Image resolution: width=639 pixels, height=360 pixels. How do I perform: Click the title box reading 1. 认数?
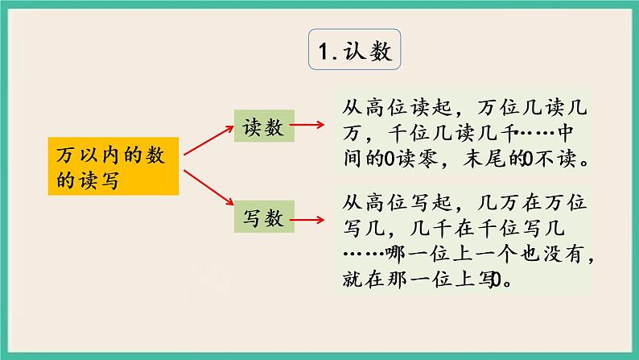(x=355, y=52)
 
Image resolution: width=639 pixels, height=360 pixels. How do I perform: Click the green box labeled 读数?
(x=262, y=126)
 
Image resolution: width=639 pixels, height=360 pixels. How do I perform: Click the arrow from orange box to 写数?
(x=207, y=194)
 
